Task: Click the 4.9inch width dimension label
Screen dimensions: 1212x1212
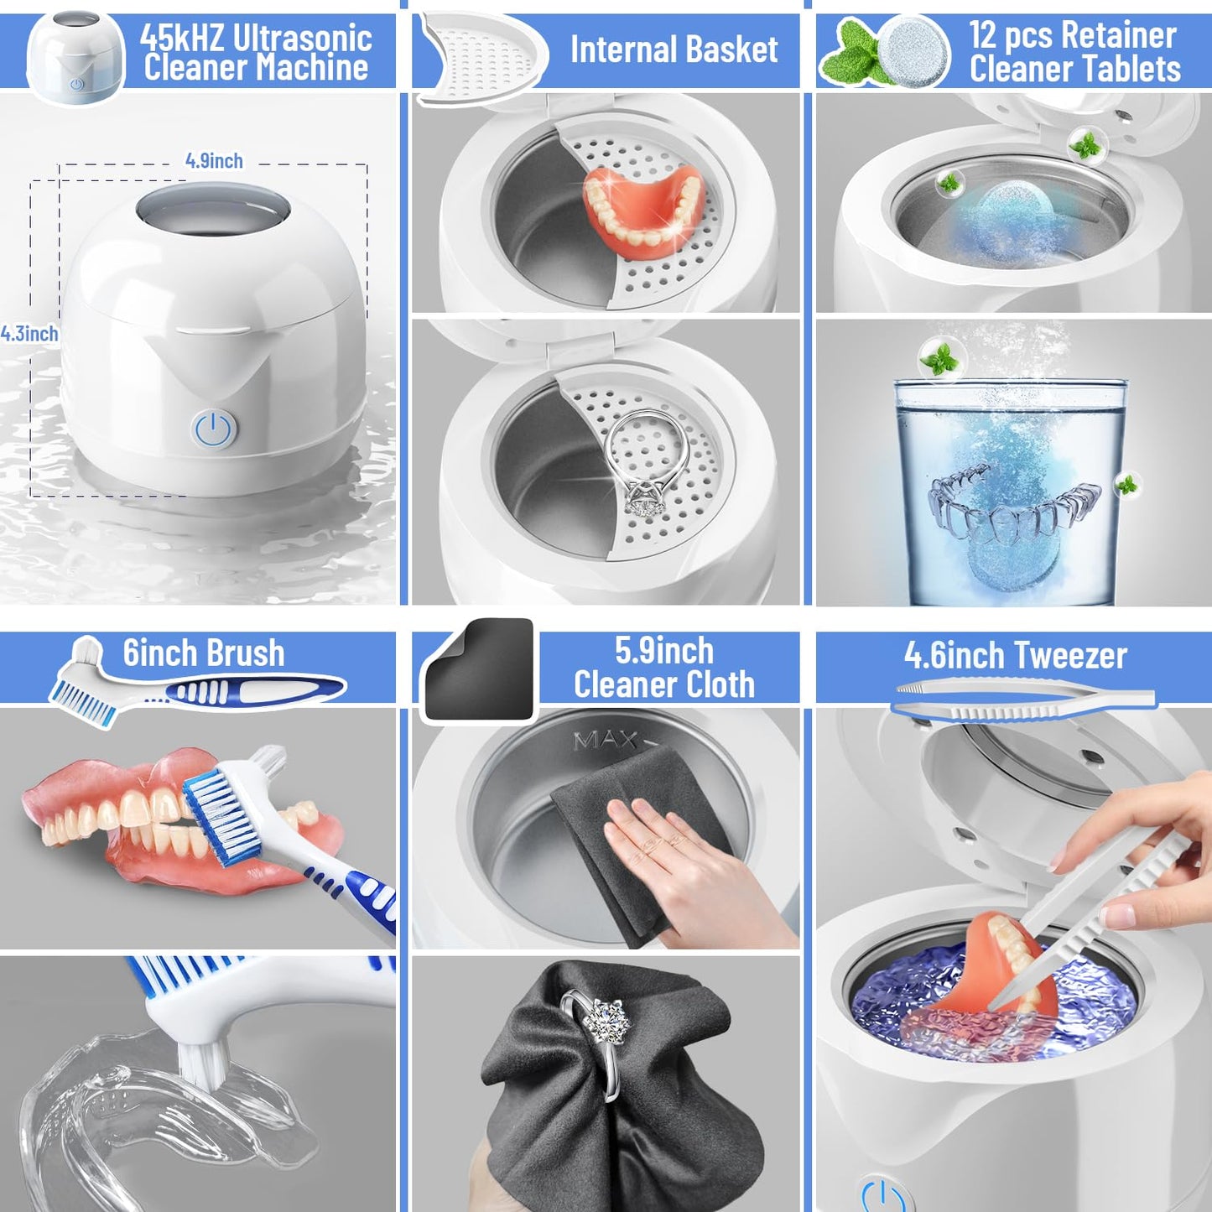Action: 214,160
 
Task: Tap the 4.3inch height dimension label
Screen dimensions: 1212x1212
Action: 29,334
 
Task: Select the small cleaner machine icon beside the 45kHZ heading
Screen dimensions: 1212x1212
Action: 75,58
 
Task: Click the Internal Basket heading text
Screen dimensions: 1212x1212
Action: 674,49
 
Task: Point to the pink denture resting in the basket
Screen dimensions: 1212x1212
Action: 643,209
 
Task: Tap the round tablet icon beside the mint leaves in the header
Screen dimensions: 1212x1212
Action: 916,51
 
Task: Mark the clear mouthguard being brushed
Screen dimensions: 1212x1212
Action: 159,1107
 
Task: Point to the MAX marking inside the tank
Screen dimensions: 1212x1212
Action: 606,741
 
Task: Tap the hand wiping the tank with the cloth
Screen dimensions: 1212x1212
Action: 679,864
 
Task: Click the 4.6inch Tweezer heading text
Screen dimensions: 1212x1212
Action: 1015,655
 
